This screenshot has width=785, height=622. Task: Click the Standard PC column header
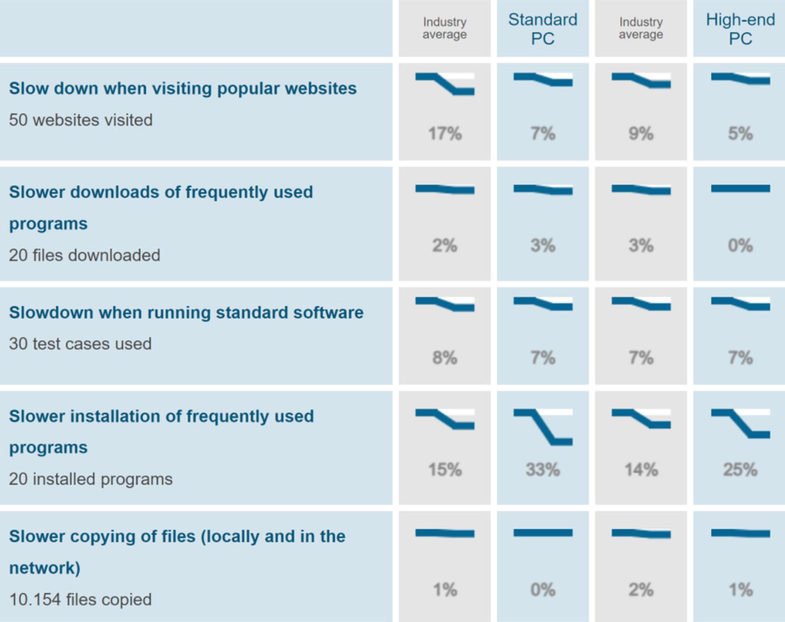tap(543, 29)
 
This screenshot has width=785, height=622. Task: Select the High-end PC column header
tap(740, 29)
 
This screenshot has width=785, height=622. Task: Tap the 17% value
tap(445, 134)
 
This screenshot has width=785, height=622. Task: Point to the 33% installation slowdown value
tap(543, 469)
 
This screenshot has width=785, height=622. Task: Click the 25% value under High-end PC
tap(740, 469)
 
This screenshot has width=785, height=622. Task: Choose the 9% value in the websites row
tap(641, 134)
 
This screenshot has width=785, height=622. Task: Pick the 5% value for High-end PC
tap(740, 134)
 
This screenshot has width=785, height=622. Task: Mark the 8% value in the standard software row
tap(445, 358)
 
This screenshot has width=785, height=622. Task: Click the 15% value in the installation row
tap(445, 469)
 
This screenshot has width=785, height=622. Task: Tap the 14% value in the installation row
tap(641, 469)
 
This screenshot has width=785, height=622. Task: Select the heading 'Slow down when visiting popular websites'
tap(183, 88)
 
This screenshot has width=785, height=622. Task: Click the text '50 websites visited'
tap(81, 120)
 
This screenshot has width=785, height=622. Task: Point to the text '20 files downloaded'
tap(85, 255)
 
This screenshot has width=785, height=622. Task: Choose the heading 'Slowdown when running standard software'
tap(186, 313)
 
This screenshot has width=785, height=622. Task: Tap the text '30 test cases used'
tap(80, 344)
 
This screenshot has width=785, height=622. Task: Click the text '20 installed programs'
tap(91, 479)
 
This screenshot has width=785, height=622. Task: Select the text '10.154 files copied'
tap(80, 599)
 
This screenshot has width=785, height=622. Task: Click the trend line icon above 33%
tap(543, 427)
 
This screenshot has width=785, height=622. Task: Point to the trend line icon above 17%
tap(445, 83)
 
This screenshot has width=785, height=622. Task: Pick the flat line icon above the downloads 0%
tap(740, 188)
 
